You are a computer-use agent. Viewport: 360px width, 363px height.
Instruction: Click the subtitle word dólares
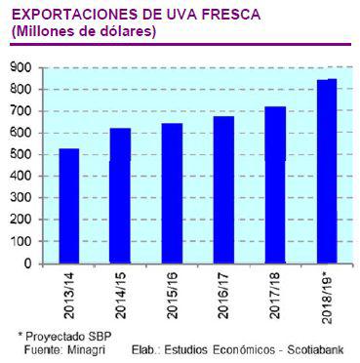coord(124,32)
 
